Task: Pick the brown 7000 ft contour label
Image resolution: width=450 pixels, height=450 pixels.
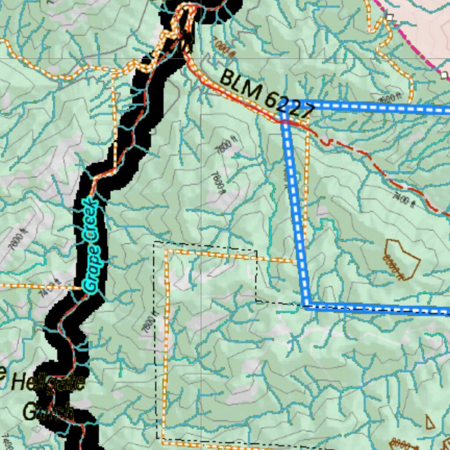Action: click(223, 47)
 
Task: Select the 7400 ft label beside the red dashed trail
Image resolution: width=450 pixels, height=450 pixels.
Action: click(404, 198)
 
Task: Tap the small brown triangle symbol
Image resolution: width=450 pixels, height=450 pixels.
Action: click(430, 422)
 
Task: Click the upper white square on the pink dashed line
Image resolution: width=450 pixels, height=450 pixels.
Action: click(389, 17)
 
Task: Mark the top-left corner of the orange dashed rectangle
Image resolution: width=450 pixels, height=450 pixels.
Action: click(166, 251)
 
